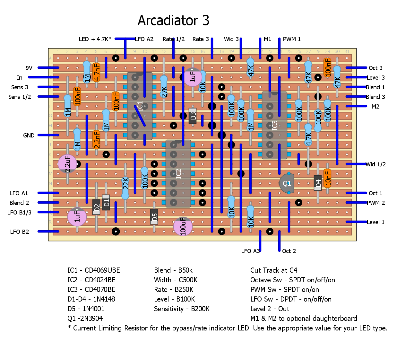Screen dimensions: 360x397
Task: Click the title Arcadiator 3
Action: [173, 21]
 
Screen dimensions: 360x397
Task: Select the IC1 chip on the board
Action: [140, 106]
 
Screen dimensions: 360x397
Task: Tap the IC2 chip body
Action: [178, 173]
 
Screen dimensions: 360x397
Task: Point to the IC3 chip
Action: [274, 125]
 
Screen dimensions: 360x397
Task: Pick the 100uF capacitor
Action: [183, 226]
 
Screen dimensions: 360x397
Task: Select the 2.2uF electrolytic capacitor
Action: [67, 164]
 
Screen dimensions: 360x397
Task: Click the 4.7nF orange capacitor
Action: [96, 72]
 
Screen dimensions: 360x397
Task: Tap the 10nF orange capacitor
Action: [327, 178]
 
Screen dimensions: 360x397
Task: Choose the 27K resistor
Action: [164, 87]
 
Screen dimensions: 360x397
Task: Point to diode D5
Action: [154, 217]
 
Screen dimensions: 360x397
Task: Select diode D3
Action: [193, 116]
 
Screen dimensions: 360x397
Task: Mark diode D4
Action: [318, 183]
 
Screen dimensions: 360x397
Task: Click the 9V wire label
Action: [29, 68]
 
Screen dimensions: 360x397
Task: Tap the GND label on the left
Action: [29, 136]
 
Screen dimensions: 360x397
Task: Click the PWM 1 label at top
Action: [291, 39]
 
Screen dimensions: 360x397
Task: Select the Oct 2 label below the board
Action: [289, 251]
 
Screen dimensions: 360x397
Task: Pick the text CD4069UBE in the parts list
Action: [102, 270]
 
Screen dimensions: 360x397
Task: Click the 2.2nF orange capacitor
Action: [96, 140]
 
